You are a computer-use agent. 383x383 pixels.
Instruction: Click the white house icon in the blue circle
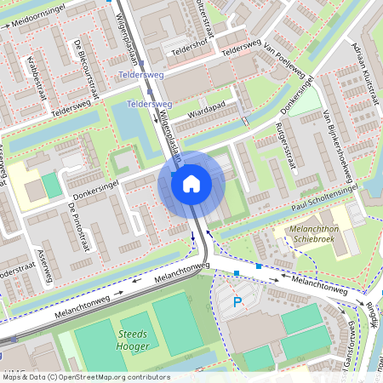coord(191,183)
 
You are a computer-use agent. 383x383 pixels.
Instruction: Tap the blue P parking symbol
coord(237,301)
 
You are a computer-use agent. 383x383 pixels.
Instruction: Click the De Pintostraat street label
coord(77,223)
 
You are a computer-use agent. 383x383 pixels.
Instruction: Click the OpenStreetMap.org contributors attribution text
coord(111,376)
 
